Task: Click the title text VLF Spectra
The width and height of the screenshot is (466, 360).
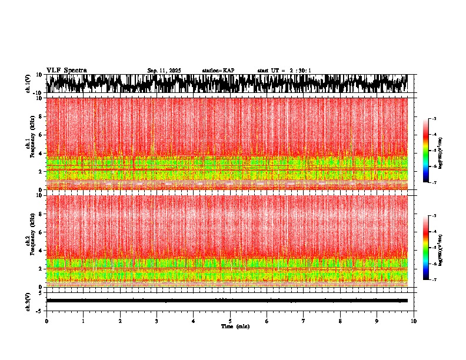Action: [x=66, y=71]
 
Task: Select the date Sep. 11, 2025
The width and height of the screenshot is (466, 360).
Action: [x=164, y=71]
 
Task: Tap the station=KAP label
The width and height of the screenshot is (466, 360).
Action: [x=218, y=71]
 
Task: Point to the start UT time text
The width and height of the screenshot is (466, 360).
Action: [x=284, y=71]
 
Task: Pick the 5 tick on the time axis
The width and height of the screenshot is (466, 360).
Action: [x=230, y=321]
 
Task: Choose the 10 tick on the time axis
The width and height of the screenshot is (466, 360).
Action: [x=414, y=321]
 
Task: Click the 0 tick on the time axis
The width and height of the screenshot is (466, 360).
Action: [x=46, y=321]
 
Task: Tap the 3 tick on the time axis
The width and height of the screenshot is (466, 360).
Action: [x=157, y=321]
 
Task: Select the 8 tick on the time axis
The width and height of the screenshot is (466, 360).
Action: [x=340, y=321]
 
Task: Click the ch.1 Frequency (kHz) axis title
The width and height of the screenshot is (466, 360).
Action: [x=30, y=144]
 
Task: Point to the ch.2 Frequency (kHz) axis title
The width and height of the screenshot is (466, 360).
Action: [x=30, y=241]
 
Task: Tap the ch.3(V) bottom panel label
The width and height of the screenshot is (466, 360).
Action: [x=28, y=301]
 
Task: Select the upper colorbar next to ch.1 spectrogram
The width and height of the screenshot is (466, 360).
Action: [x=432, y=151]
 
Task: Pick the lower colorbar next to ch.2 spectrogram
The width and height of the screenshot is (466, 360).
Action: [x=432, y=248]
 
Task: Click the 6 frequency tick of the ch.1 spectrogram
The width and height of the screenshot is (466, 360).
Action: [x=41, y=135]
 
